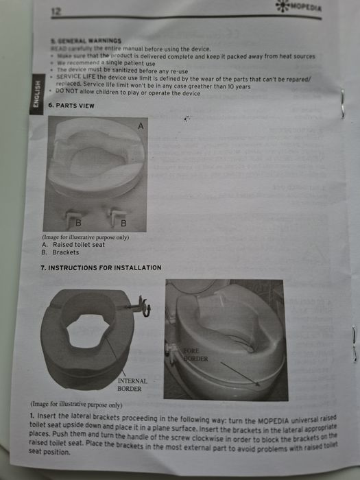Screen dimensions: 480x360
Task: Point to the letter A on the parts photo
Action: click(x=141, y=127)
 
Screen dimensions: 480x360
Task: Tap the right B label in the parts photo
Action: click(x=123, y=223)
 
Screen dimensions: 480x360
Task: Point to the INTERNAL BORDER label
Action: click(x=133, y=384)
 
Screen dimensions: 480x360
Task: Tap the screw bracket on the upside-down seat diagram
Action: click(x=144, y=303)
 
